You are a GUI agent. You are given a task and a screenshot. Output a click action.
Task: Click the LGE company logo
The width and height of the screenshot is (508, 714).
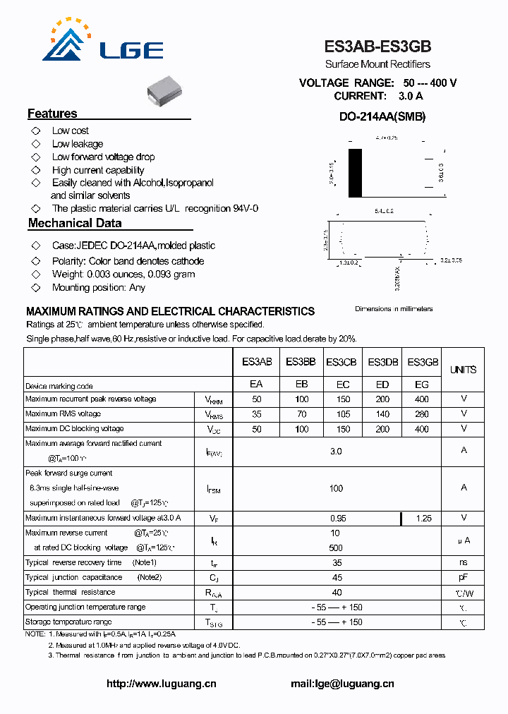pyautogui.click(x=103, y=42)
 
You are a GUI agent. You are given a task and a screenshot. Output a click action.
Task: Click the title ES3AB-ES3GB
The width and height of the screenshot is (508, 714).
pyautogui.click(x=377, y=47)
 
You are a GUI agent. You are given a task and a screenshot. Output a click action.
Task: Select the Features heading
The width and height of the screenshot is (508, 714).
pyautogui.click(x=52, y=114)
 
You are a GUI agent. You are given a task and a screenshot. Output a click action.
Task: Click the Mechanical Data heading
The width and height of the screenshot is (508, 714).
pyautogui.click(x=75, y=223)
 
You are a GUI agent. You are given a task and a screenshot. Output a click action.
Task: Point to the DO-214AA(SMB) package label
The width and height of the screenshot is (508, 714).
pyautogui.click(x=377, y=117)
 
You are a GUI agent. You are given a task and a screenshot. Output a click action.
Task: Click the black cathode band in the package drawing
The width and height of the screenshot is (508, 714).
pyautogui.click(x=355, y=173)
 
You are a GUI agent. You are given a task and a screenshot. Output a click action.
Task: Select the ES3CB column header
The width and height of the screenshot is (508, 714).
pyautogui.click(x=341, y=362)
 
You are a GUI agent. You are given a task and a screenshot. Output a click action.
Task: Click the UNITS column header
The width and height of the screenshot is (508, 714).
pyautogui.click(x=463, y=370)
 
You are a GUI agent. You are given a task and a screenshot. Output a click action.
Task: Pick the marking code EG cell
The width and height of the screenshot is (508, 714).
pyautogui.click(x=421, y=385)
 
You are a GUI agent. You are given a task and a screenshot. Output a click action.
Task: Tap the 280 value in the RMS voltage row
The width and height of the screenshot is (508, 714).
pyautogui.click(x=421, y=414)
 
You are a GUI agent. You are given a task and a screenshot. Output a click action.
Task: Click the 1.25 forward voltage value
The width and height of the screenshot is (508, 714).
pyautogui.click(x=423, y=518)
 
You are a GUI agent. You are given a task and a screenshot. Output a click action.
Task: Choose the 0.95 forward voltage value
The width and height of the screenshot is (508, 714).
pyautogui.click(x=338, y=518)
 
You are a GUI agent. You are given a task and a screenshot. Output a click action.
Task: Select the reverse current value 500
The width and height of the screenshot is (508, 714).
pyautogui.click(x=336, y=547)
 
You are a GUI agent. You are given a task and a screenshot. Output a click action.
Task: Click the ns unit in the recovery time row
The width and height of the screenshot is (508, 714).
pyautogui.click(x=463, y=562)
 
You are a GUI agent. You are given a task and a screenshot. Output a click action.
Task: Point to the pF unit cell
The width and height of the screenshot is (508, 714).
pyautogui.click(x=463, y=577)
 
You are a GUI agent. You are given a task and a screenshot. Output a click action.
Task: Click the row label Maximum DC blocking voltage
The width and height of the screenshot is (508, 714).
pyautogui.click(x=74, y=429)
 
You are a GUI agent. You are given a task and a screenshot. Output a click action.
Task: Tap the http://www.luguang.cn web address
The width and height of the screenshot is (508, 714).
pyautogui.click(x=161, y=684)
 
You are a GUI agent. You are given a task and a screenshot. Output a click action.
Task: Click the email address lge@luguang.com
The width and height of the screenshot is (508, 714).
pyautogui.click(x=342, y=684)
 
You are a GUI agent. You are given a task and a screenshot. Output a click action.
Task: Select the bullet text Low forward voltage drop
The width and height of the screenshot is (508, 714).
pyautogui.click(x=103, y=157)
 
